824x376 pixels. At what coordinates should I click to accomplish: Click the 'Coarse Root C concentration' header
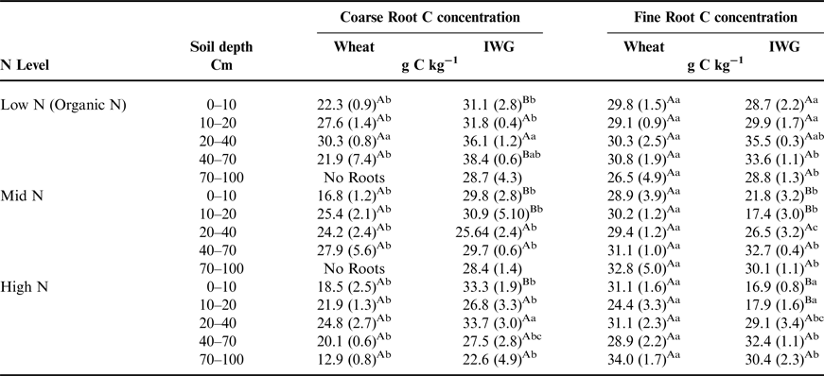click(429, 17)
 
